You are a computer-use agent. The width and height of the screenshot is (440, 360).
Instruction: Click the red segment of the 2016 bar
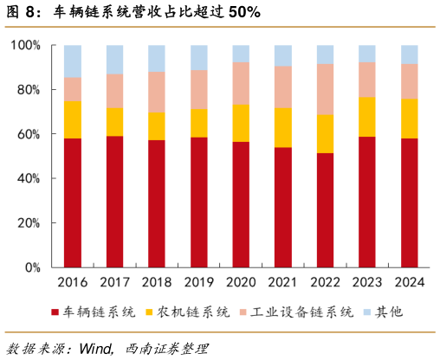(x=73, y=202)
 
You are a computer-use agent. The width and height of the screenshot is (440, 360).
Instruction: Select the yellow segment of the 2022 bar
(x=326, y=133)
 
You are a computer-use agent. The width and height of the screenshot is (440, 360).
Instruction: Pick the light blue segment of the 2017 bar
(x=115, y=60)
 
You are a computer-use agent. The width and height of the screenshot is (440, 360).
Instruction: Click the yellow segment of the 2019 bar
(x=199, y=122)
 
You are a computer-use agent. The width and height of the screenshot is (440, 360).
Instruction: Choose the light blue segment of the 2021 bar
(x=283, y=55)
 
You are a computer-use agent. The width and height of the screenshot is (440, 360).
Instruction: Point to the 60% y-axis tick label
(x=29, y=134)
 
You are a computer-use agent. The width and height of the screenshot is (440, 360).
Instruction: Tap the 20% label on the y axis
(x=29, y=223)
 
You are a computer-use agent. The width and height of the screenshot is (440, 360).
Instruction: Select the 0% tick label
(x=32, y=268)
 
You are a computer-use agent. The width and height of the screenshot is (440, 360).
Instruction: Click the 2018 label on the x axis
(x=157, y=282)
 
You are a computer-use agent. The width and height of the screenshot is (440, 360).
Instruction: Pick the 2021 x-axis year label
(x=283, y=282)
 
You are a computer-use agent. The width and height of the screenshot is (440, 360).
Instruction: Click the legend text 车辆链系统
(x=99, y=312)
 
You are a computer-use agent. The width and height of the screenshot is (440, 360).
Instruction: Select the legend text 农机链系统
(x=192, y=312)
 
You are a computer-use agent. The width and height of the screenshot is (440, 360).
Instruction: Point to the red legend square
(x=57, y=312)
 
